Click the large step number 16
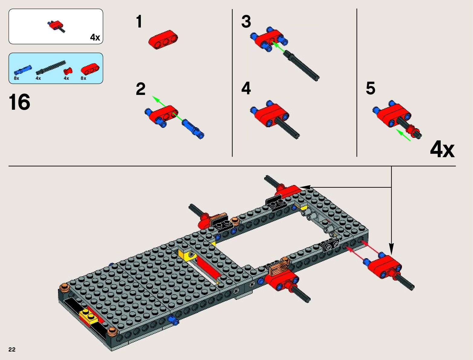(x=19, y=102)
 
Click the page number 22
(x=12, y=349)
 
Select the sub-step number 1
(x=139, y=21)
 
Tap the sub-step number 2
(x=141, y=89)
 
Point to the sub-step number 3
(x=246, y=21)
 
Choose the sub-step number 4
(x=246, y=88)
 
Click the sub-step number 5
(x=371, y=88)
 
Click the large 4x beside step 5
(x=442, y=149)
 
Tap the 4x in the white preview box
(x=95, y=37)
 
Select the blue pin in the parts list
(x=23, y=70)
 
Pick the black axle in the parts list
(x=51, y=67)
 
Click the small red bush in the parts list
(x=68, y=71)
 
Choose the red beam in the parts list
(x=90, y=69)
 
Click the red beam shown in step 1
(x=163, y=40)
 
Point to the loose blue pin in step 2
(x=193, y=129)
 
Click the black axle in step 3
(x=301, y=66)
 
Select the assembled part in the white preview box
(x=56, y=26)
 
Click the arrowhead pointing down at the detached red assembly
(x=391, y=249)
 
